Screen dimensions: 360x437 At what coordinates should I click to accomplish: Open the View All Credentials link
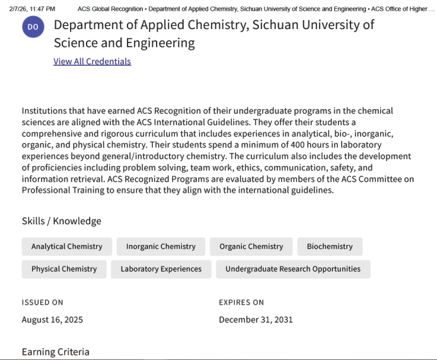[x=92, y=61]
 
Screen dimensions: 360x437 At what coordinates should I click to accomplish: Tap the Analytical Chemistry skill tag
[x=66, y=246]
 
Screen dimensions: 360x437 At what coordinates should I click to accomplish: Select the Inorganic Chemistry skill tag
[x=160, y=246]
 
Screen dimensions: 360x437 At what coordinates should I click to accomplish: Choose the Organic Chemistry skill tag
[x=251, y=246]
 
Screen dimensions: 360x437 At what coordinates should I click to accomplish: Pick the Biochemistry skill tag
[x=330, y=246]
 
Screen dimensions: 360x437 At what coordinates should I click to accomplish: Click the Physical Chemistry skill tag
[x=64, y=268]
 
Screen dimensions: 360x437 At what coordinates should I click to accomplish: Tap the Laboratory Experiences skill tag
[x=161, y=268]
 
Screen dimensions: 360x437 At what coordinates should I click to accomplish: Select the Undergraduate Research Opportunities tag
[x=293, y=268]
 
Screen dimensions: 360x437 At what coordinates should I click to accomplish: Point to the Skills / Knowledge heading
[x=61, y=221]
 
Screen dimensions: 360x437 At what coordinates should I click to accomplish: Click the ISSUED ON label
[x=42, y=303]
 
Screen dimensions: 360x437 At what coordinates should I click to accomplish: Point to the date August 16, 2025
[x=52, y=320]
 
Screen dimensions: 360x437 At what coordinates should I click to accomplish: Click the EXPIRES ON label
[x=241, y=303]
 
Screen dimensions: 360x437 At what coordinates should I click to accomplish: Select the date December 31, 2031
[x=256, y=320]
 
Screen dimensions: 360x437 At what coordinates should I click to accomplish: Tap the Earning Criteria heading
[x=56, y=352]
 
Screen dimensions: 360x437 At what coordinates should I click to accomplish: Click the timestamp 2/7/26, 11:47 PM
[x=32, y=9]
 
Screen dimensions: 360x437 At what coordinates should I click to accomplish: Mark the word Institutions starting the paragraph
[x=45, y=111]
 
